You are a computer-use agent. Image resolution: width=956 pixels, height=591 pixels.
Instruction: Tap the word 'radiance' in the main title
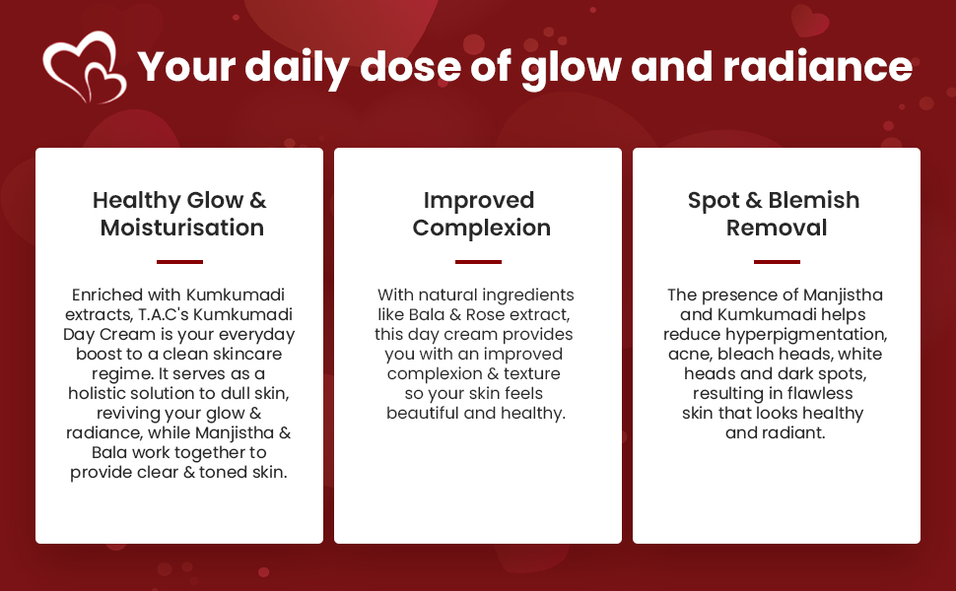pyautogui.click(x=818, y=66)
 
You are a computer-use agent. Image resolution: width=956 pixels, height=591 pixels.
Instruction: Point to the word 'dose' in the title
pyautogui.click(x=410, y=66)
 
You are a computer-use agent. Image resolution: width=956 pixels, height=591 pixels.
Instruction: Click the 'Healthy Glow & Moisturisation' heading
pyautogui.click(x=179, y=214)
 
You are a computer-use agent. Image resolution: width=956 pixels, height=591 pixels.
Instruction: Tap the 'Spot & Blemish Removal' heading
pyautogui.click(x=775, y=214)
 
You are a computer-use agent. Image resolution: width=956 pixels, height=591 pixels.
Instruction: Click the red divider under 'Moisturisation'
pyautogui.click(x=179, y=262)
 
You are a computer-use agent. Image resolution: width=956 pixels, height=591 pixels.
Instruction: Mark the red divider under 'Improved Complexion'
pyautogui.click(x=479, y=262)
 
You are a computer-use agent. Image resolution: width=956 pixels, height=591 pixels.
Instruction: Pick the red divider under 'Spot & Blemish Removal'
pyautogui.click(x=777, y=262)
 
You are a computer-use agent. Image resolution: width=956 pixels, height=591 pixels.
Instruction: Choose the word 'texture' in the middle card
pyautogui.click(x=531, y=373)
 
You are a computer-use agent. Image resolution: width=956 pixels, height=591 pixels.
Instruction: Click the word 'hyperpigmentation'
pyautogui.click(x=806, y=335)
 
